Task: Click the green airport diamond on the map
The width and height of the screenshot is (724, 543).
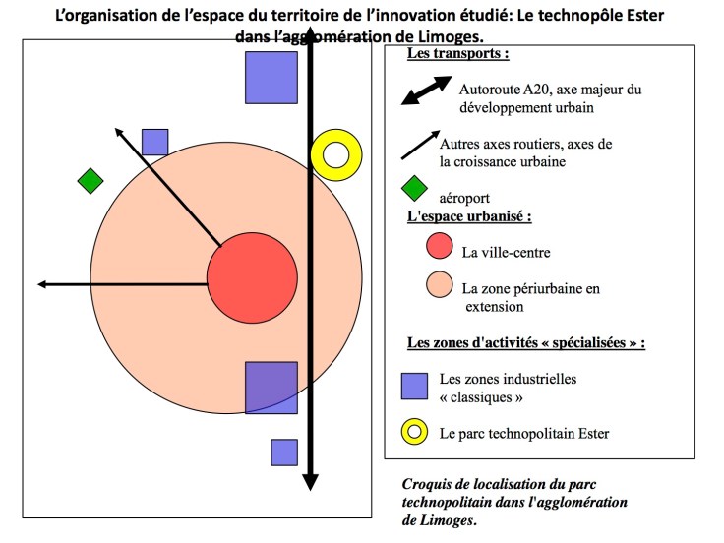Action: [90, 181]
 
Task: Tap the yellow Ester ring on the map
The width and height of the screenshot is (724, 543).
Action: [336, 154]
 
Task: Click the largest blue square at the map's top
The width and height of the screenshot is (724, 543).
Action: [271, 77]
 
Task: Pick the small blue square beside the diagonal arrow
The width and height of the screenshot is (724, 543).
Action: [154, 143]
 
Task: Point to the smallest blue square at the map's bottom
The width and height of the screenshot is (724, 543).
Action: [284, 452]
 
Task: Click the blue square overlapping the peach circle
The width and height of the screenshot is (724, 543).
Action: [271, 387]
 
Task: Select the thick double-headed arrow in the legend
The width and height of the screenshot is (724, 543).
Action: [425, 91]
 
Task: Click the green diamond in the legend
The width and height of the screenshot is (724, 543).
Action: [414, 188]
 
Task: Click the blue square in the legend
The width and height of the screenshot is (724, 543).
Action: [414, 385]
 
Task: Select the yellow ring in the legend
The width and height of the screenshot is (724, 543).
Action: [414, 431]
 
